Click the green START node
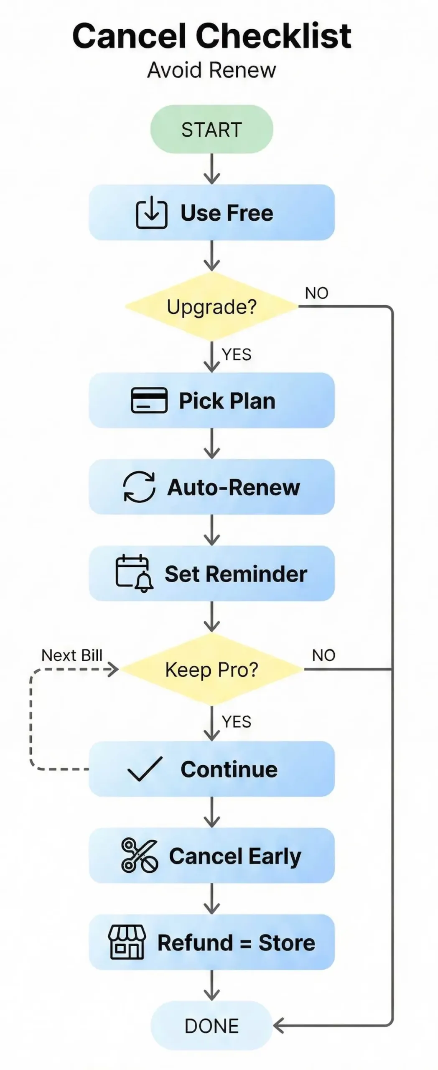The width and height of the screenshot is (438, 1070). [x=211, y=129]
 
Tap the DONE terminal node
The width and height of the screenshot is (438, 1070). [x=211, y=1026]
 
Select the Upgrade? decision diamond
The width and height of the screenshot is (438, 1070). [x=211, y=307]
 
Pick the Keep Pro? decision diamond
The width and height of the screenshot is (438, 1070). [x=211, y=670]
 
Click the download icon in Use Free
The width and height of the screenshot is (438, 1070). [x=151, y=213]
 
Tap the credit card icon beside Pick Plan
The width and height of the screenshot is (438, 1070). [x=149, y=400]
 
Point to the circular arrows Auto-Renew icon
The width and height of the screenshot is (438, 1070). [x=139, y=487]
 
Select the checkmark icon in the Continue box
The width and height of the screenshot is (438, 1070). [x=145, y=769]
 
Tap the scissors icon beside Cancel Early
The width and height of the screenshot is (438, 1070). [x=139, y=856]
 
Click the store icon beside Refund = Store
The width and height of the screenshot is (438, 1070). [x=127, y=942]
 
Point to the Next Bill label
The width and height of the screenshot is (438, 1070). [x=72, y=655]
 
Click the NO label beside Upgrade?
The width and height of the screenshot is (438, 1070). [x=316, y=293]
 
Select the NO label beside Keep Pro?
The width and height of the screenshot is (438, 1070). [x=323, y=655]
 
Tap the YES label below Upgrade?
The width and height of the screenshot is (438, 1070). [x=237, y=354]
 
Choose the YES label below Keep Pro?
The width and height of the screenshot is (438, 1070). [x=237, y=722]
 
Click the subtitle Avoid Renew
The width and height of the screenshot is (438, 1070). [x=211, y=70]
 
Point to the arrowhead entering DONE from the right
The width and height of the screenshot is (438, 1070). [x=278, y=1026]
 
